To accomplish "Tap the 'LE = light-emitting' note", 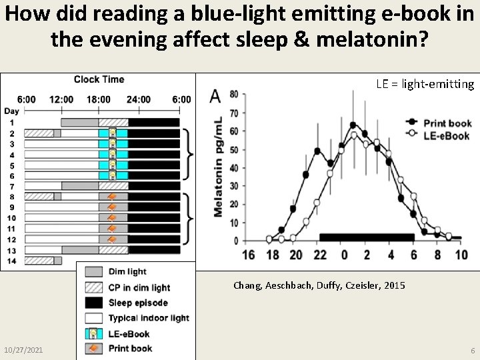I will coord(425,84).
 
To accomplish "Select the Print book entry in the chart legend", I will coord(438,123).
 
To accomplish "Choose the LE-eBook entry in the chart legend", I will coord(438,135).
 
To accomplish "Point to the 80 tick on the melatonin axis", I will coord(233,95).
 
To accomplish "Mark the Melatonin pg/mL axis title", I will coord(218,167).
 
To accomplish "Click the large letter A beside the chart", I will coord(215,97).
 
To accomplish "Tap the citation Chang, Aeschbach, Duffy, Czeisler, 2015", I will coord(319,285).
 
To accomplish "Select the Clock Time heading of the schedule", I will coord(99,79).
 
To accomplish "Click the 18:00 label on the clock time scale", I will coord(97,99).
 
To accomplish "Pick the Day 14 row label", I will coord(11,260).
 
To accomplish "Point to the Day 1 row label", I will coord(11,122).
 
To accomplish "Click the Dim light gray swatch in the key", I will coord(93,272).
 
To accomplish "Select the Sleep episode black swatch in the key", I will coord(93,303).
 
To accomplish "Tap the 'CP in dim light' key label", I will coord(139,287).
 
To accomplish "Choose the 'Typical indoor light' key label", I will coord(148,318).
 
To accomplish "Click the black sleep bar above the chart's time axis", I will coord(367,237).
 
